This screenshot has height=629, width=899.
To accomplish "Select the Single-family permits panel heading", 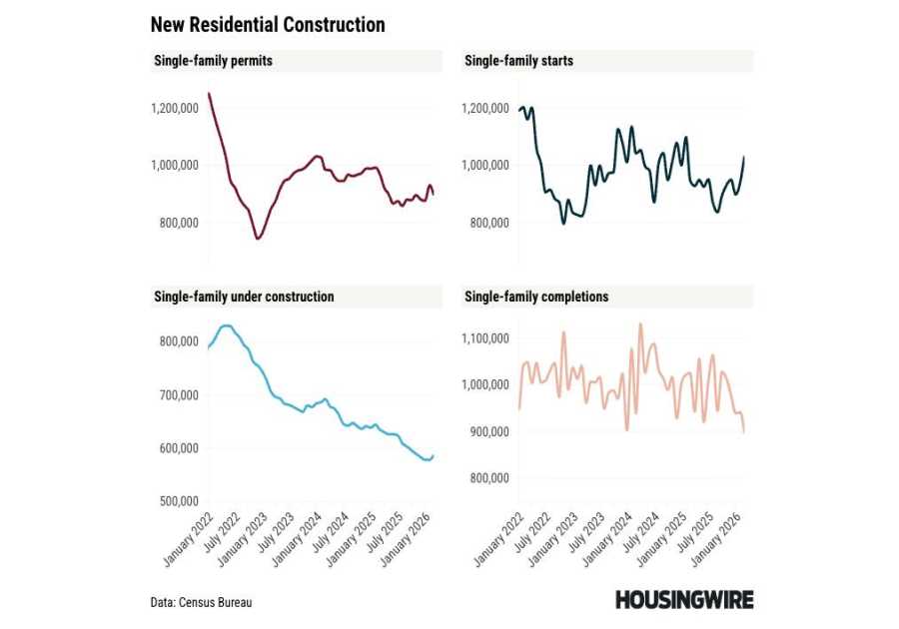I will coord(213,61).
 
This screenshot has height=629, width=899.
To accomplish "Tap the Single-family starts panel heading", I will coord(518,61).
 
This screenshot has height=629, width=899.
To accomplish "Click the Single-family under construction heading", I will coord(244,297).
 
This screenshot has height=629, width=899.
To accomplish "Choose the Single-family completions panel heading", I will coord(536,297).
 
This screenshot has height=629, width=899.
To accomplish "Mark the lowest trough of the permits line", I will coord(258,239).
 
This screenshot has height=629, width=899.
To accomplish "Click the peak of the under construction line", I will coord(226,325).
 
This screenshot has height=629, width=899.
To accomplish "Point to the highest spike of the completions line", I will coord(640,323).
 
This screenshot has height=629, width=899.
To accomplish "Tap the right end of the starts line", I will coord(744,157).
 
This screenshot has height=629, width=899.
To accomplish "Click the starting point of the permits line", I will coord(208,94).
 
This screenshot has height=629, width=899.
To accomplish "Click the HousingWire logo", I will coord(684,600).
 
